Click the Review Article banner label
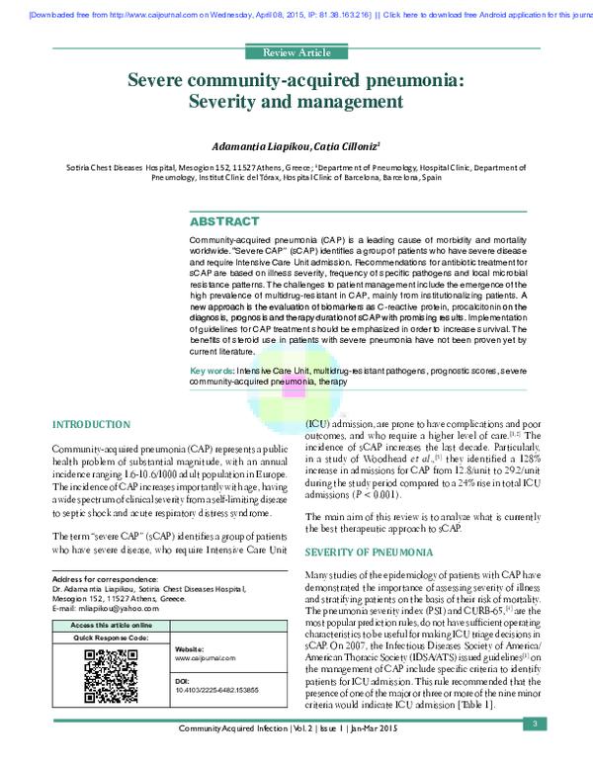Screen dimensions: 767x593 (x=296, y=52)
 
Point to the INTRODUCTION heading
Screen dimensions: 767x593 (x=91, y=424)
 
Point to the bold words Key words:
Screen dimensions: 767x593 (x=212, y=370)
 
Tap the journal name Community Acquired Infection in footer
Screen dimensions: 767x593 (x=242, y=756)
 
